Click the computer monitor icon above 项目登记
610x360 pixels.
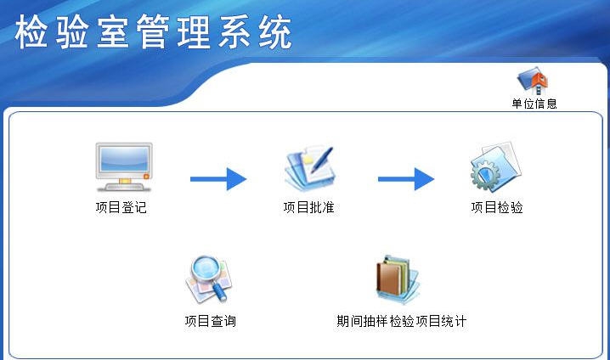[122, 166]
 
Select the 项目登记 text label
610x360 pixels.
[121, 207]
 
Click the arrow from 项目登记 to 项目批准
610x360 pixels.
[217, 179]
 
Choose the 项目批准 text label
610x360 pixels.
[308, 207]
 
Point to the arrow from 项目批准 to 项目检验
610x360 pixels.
[405, 179]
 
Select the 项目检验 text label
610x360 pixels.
[497, 207]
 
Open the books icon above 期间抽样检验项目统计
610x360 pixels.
[398, 280]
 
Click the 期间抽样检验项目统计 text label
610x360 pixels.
[402, 321]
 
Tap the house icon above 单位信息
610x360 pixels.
[534, 82]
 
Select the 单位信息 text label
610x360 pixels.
[534, 104]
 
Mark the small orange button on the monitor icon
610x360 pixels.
[146, 176]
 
